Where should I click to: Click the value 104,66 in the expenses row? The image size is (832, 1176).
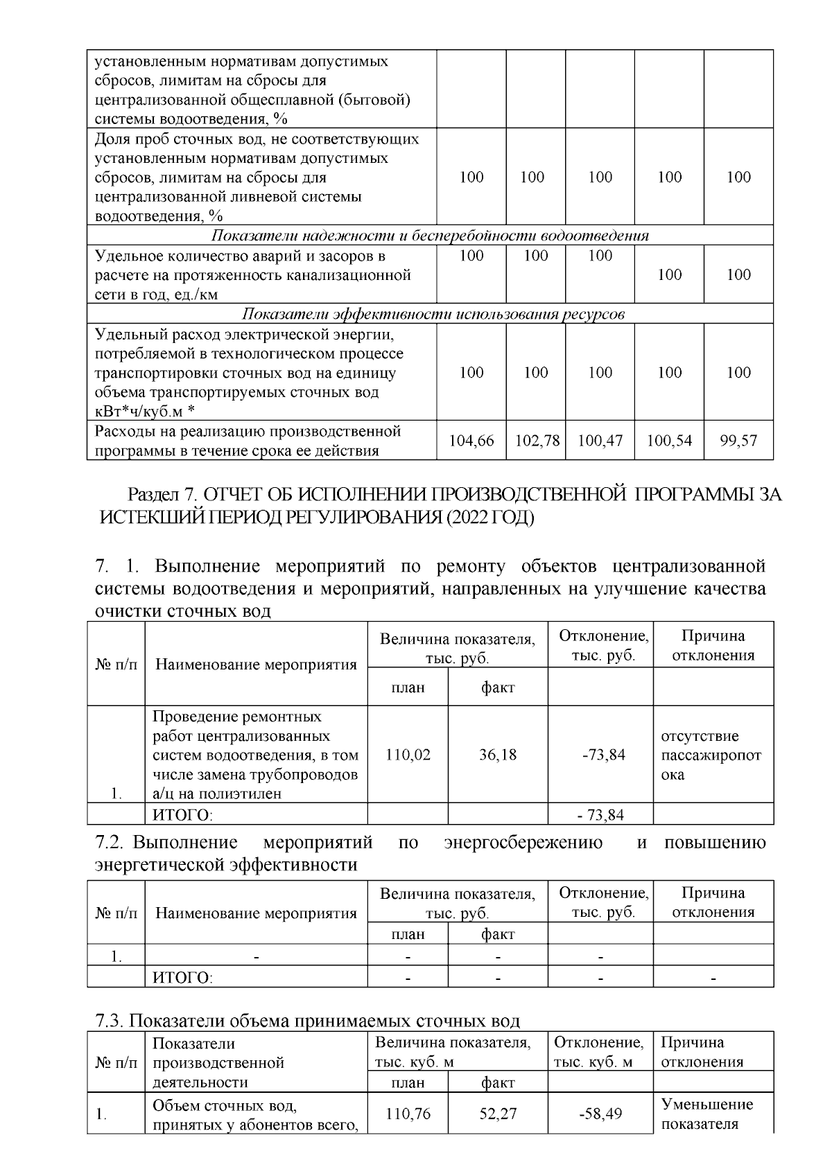471,440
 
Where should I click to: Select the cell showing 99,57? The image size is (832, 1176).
738,440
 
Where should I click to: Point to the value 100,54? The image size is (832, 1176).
669,440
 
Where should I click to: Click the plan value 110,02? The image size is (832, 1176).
408,755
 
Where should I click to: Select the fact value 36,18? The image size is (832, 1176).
498,755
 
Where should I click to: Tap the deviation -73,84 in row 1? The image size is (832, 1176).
600,755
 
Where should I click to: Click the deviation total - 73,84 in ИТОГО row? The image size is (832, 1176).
600,815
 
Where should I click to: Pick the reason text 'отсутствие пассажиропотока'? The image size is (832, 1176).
711,755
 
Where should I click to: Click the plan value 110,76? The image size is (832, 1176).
408,1114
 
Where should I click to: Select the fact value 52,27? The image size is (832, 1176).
498,1114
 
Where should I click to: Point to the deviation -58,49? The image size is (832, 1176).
600,1114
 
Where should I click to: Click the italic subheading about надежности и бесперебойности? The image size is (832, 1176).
430,236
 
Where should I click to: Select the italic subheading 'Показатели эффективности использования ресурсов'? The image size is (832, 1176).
433,314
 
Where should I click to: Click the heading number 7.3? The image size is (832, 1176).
110,1021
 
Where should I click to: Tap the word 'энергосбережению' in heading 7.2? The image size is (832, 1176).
522,843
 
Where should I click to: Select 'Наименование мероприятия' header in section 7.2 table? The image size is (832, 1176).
256,913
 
